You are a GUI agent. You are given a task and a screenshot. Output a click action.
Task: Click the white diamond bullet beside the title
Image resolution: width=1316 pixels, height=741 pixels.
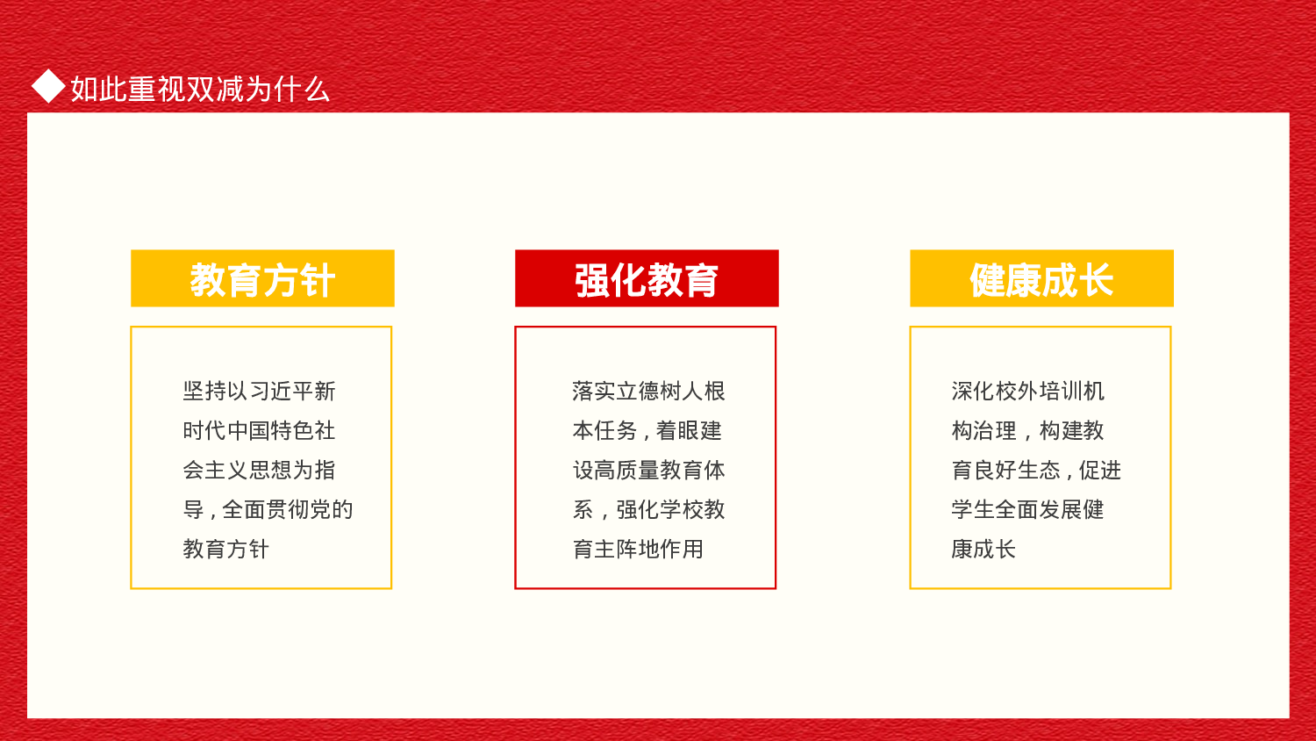point(48,87)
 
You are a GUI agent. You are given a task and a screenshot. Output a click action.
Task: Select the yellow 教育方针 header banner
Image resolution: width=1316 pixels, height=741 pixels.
point(262,279)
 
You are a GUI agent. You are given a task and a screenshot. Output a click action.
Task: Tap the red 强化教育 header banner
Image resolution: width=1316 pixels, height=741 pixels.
point(647,279)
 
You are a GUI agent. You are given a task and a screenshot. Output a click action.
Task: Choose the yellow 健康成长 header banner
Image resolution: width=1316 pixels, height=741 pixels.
point(1041,279)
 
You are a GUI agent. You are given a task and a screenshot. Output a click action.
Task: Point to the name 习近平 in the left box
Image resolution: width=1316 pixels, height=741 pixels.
point(281,392)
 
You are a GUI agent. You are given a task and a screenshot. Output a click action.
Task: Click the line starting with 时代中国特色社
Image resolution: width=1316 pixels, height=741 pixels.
point(259,431)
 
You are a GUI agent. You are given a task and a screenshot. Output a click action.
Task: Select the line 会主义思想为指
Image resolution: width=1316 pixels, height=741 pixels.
point(259,471)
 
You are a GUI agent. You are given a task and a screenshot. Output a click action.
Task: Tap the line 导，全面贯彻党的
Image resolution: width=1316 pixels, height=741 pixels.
point(268,510)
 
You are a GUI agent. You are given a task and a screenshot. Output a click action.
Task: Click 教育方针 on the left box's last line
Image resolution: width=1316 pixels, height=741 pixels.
point(225,550)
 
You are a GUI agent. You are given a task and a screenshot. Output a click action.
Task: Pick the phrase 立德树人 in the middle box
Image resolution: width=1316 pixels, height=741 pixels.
point(660,392)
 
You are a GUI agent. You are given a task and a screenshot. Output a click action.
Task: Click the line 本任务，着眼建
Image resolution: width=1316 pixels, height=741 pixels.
point(647,431)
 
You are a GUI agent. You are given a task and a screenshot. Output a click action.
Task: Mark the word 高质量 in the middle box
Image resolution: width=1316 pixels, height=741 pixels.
point(627,471)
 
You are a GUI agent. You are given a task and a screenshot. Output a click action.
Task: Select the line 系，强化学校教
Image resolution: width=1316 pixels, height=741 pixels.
point(649,510)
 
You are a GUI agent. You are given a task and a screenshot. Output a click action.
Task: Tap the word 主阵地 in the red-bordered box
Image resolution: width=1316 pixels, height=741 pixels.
point(627,550)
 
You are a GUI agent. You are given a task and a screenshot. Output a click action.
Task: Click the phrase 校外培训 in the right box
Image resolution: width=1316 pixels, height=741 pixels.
point(1039,392)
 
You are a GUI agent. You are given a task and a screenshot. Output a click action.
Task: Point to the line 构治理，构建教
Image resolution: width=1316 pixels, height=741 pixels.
point(1027,431)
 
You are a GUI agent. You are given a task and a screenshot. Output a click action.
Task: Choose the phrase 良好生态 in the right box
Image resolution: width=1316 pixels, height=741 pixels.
point(1017,471)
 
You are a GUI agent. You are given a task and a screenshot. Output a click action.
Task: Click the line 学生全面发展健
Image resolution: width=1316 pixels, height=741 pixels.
point(1027,510)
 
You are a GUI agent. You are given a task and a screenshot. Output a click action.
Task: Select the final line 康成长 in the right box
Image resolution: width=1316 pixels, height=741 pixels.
point(983,550)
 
